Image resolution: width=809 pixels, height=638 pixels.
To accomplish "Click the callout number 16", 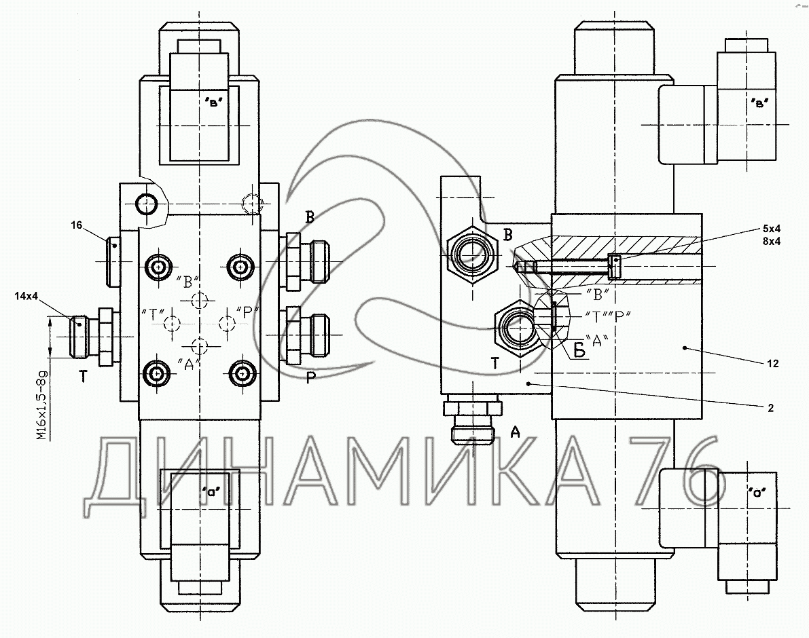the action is click(76, 225).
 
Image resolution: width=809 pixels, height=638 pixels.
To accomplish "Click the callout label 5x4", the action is click(773, 227).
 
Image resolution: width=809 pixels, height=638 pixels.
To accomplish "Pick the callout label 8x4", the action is click(773, 240).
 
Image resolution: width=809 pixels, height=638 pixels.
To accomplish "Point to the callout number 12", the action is click(772, 364).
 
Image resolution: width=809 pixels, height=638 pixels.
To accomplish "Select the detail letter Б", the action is click(580, 351).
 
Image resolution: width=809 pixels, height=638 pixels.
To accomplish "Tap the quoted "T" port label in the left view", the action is click(154, 313).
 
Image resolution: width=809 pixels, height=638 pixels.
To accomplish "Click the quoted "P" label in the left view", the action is click(248, 312).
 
